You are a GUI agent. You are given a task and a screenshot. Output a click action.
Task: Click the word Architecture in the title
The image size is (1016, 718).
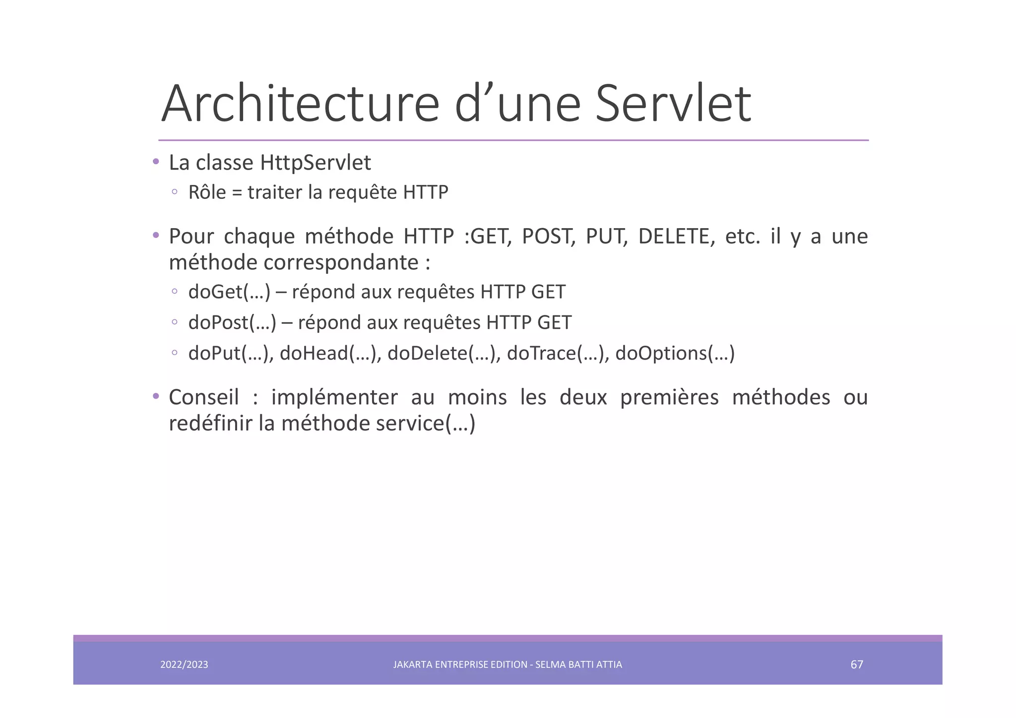[x=300, y=104]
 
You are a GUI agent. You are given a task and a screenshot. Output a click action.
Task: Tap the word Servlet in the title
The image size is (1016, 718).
[x=673, y=104]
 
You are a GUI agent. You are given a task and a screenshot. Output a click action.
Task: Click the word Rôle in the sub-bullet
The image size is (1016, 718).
[x=207, y=192]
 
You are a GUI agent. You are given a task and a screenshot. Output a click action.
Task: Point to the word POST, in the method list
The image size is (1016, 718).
[x=549, y=237]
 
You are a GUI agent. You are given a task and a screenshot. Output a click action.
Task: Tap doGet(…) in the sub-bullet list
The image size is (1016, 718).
[x=229, y=292]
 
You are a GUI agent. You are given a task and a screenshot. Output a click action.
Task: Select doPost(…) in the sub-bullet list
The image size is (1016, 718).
[x=232, y=323]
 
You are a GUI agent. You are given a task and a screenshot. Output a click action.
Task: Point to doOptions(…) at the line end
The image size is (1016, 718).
[x=675, y=354]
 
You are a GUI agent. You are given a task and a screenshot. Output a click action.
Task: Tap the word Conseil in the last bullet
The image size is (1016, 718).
[x=204, y=397]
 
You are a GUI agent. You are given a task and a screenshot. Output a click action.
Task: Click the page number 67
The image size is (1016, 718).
[x=857, y=664]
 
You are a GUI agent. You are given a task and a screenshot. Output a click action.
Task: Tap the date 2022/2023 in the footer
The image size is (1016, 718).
[x=184, y=664]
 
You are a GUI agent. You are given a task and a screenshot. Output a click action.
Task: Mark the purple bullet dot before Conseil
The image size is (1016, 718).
[x=156, y=396]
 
